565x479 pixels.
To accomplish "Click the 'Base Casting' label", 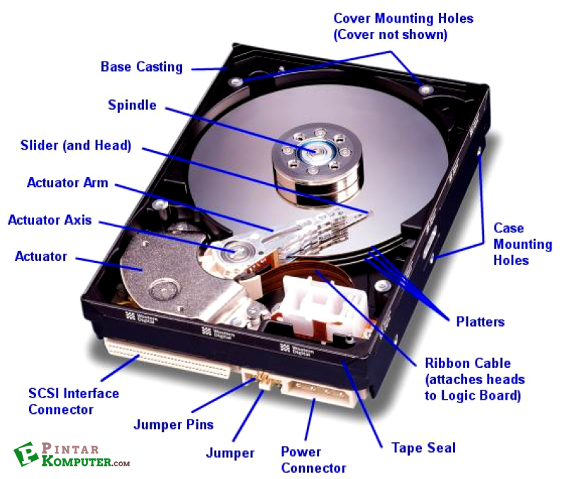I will pyautogui.click(x=141, y=67).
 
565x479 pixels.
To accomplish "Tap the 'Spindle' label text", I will pyautogui.click(x=132, y=106).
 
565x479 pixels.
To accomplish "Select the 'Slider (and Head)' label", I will pyautogui.click(x=76, y=146).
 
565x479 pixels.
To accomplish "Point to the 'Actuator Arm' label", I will pyautogui.click(x=67, y=183).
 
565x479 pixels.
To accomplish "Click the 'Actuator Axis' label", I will pyautogui.click(x=50, y=220).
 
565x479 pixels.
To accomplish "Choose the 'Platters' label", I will pyautogui.click(x=480, y=322).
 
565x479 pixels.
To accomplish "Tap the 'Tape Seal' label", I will pyautogui.click(x=423, y=448).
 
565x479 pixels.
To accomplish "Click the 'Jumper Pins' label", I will pyautogui.click(x=174, y=424).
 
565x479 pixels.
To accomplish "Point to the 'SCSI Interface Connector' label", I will pyautogui.click(x=73, y=401).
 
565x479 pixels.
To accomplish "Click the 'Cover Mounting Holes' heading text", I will pyautogui.click(x=403, y=18).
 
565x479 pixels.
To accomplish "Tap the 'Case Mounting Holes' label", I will pyautogui.click(x=522, y=244).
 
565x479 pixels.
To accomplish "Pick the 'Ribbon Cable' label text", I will pyautogui.click(x=468, y=363).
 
